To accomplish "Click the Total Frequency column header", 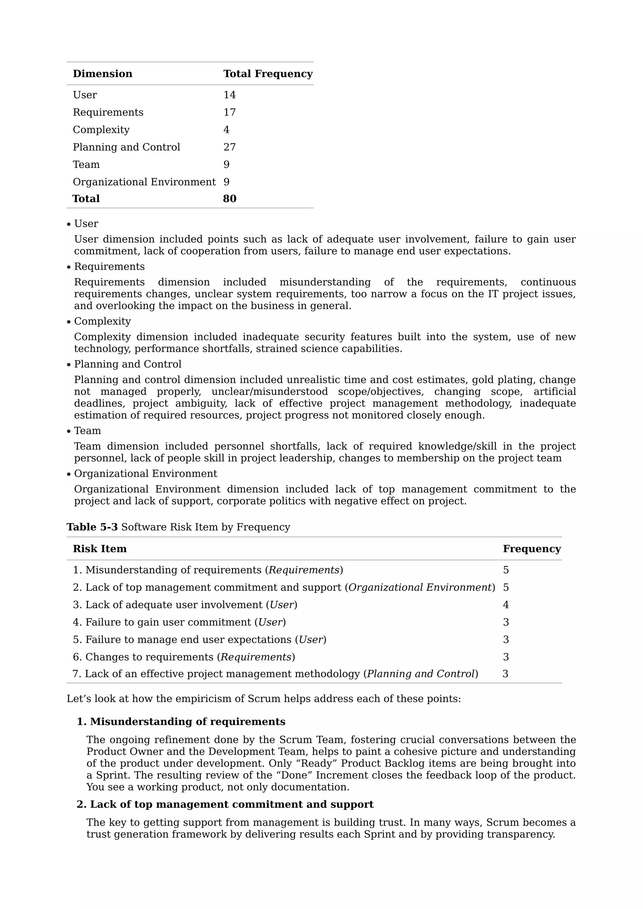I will [268, 74].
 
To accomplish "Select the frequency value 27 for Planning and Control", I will [230, 147].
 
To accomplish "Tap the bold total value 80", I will [230, 199].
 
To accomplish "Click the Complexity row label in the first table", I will [101, 130].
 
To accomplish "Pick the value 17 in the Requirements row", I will [230, 112].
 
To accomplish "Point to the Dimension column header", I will [102, 74].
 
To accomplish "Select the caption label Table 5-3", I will [92, 527].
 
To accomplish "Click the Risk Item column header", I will [100, 549].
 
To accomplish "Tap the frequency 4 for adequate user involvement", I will [505, 605].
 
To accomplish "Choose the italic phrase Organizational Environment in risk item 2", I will [419, 587].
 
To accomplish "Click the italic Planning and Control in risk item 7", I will [420, 674].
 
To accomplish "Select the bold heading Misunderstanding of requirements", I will [187, 722].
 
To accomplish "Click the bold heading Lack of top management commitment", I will [231, 805].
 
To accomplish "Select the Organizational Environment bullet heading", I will [145, 474].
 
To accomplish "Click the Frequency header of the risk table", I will [531, 549].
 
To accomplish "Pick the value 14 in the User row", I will [230, 95].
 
